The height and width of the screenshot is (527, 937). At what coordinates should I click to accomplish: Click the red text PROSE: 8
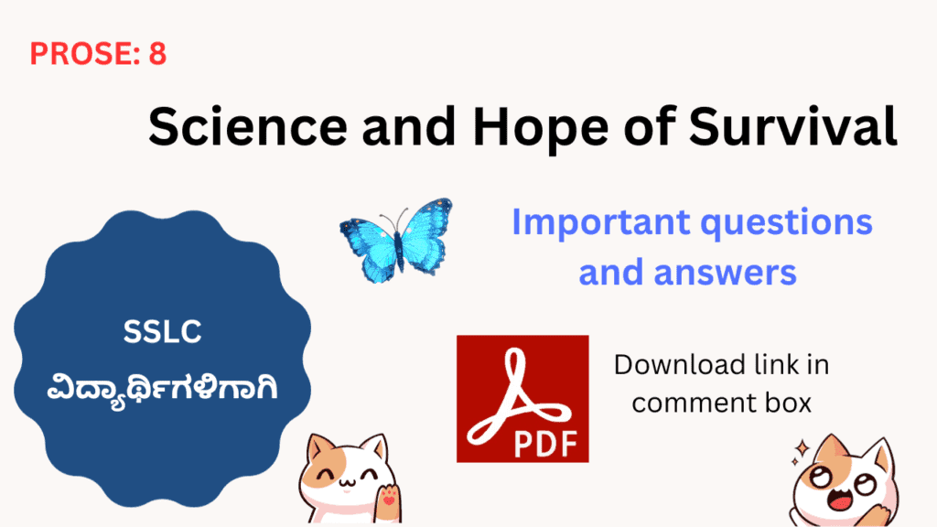(98, 54)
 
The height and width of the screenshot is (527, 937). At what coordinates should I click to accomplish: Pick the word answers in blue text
(725, 272)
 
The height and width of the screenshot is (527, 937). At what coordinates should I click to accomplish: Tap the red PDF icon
(522, 398)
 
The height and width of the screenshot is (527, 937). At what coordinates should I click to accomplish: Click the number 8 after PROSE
(157, 54)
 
